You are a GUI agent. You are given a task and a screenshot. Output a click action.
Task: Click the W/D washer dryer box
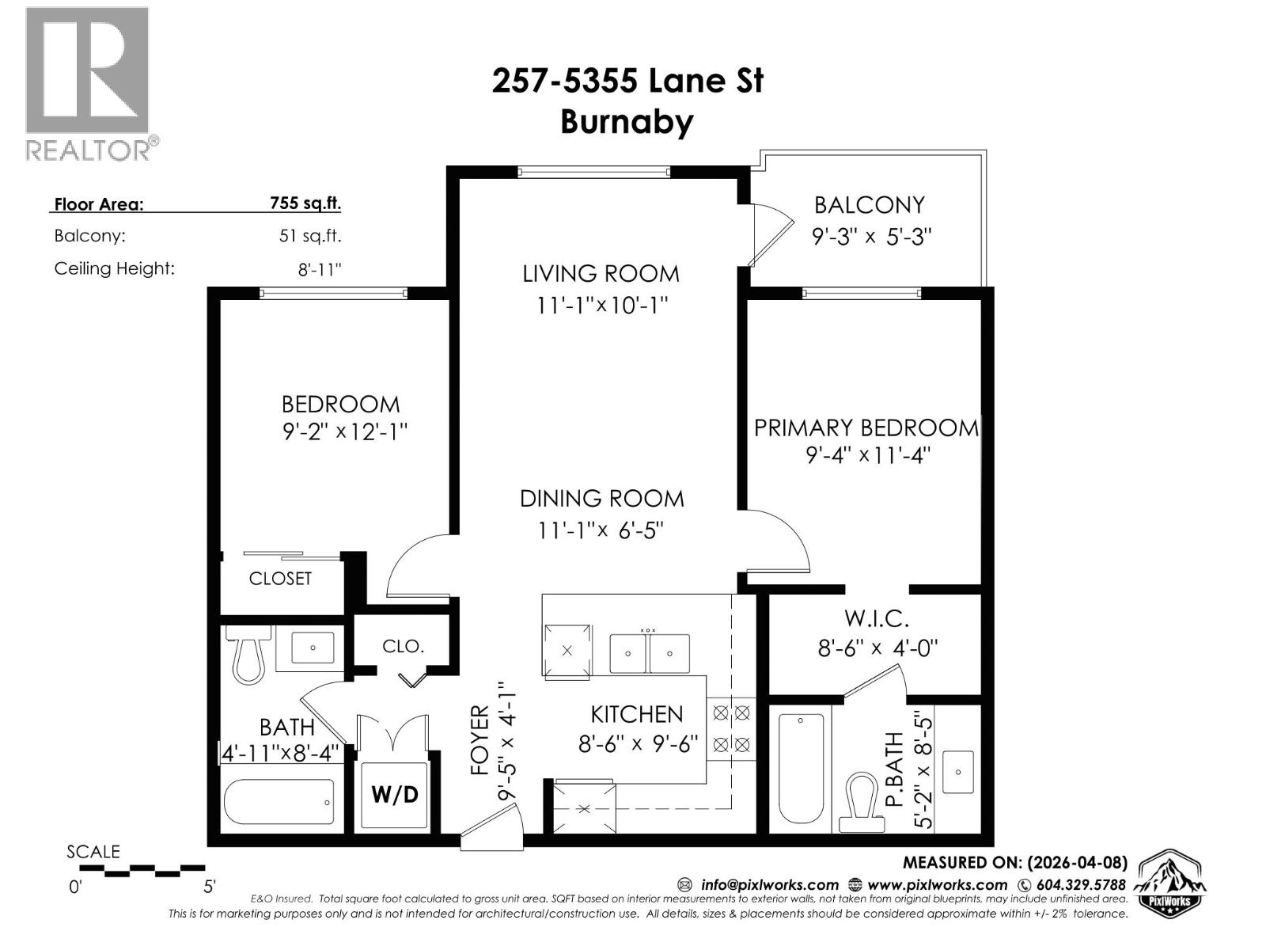coord(394,794)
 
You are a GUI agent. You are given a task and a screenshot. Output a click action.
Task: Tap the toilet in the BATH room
coord(248,655)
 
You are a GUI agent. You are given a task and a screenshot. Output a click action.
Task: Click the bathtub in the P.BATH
coord(801,769)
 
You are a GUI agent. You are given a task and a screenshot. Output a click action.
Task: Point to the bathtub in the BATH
coord(279,802)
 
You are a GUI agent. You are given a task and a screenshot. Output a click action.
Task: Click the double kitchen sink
coord(649,654)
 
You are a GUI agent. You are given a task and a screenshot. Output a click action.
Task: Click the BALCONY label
coord(869,205)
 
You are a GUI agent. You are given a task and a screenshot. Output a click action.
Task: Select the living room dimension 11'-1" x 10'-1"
coord(602,305)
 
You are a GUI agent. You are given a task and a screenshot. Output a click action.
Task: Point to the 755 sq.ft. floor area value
coord(305,203)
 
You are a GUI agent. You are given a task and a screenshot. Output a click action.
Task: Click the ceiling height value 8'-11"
coord(319,269)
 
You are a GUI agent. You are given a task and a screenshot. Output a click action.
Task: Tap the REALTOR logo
coord(89,83)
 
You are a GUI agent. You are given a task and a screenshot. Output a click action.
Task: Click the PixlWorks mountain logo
coord(1170,883)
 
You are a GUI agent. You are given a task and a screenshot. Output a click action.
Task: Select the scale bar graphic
coord(142,871)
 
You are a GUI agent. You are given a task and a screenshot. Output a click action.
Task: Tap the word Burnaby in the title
coord(627,122)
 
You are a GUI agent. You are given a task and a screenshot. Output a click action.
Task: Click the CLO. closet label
coord(403,646)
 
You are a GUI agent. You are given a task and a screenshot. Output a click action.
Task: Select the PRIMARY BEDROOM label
coord(866,428)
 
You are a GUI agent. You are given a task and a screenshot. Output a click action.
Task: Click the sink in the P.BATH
coord(958,769)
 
